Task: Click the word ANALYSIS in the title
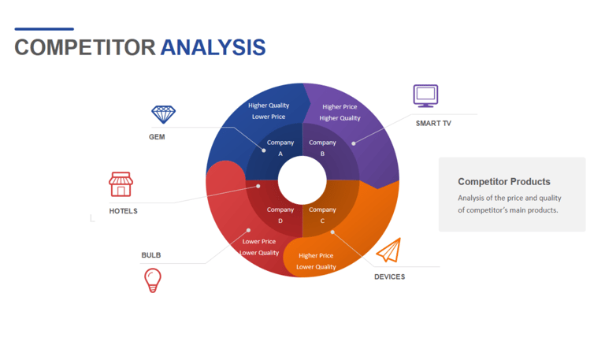[x=213, y=47]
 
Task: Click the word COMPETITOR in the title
[x=85, y=47]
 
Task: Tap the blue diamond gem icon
[x=163, y=114]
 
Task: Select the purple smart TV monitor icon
[x=425, y=95]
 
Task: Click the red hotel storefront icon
[x=121, y=184]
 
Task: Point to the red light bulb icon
[x=153, y=280]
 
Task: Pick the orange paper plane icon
[x=389, y=251]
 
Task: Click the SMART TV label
[x=433, y=124]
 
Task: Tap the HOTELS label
[x=123, y=211]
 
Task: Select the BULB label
[x=151, y=255]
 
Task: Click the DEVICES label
[x=390, y=276]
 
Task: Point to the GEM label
[x=157, y=137]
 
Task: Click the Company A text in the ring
[x=280, y=148]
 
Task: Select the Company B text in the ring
[x=322, y=148]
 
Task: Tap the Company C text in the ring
[x=322, y=215]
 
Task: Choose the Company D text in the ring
[x=280, y=215]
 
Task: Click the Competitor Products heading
[x=504, y=182]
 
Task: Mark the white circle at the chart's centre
[x=302, y=180]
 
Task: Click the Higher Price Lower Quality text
[x=316, y=262]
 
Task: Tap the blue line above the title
[x=44, y=29]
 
